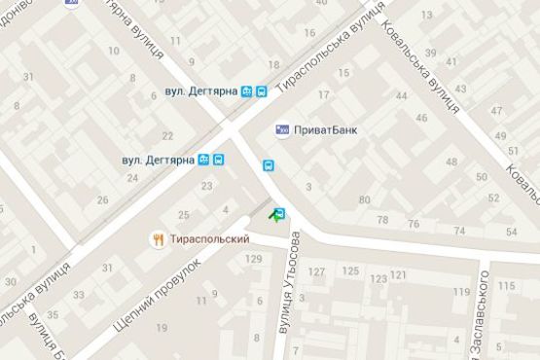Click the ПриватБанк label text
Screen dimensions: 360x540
point(325,128)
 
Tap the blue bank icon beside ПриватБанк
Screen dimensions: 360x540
point(282,128)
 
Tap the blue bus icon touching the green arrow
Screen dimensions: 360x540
point(281,213)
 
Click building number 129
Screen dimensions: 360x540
point(255,259)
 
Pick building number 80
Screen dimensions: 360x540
point(365,200)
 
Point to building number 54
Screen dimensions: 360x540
point(512,231)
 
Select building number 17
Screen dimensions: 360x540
point(323,94)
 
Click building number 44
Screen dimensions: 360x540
point(402,95)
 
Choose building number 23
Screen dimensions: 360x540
point(206,186)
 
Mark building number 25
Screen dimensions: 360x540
point(184,214)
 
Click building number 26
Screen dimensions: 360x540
point(103,200)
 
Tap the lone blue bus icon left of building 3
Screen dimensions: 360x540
point(268,165)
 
